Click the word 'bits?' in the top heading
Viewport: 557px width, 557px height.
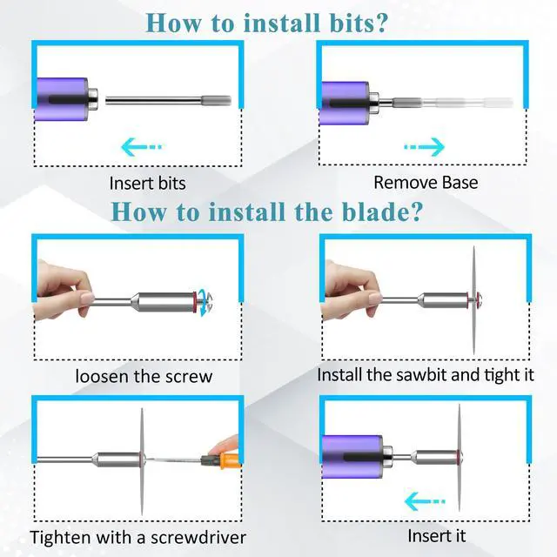coord(359,23)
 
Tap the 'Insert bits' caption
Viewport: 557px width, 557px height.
coord(147,184)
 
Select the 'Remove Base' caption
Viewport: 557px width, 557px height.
coord(426,183)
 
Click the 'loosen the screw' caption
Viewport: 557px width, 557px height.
coord(144,376)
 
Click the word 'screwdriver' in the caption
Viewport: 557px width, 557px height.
coord(198,537)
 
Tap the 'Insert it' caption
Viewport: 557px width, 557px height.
coord(436,536)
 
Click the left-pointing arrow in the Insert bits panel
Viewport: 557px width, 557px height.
coord(141,147)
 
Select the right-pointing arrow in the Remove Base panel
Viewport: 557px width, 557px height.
coord(425,146)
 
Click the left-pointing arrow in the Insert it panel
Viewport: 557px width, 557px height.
coord(425,501)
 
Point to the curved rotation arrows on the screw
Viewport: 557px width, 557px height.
coord(204,302)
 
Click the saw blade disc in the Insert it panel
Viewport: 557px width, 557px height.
coord(459,457)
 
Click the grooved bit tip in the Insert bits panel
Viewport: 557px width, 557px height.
coord(216,101)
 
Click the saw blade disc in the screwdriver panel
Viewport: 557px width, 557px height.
coord(142,461)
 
